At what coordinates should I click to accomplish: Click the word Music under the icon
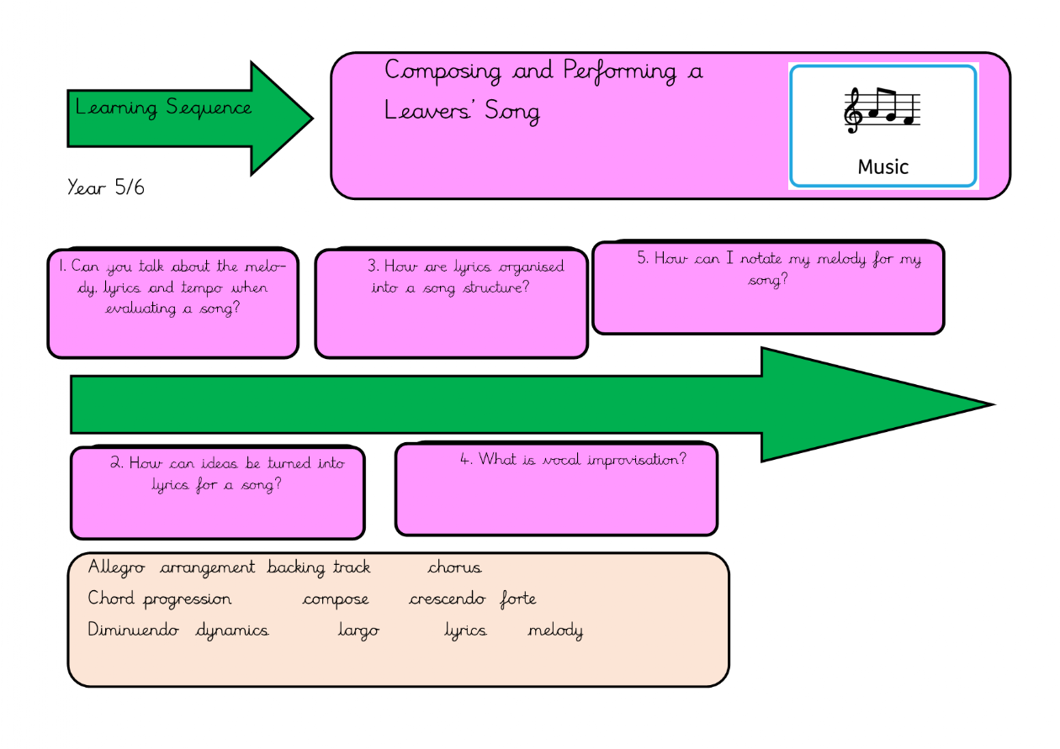tap(883, 166)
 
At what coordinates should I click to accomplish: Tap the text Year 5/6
tap(106, 187)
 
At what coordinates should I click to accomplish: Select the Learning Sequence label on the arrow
tap(163, 108)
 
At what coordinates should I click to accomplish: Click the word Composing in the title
tap(443, 71)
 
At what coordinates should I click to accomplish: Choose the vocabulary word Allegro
tap(117, 568)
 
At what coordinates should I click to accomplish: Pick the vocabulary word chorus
tap(455, 568)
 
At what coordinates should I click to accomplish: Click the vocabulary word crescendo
tap(447, 599)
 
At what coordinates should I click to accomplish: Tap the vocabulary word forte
tap(518, 599)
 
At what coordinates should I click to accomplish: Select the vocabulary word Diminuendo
tap(134, 630)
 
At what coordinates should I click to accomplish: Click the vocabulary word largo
tap(358, 630)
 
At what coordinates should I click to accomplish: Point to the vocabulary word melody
tap(555, 630)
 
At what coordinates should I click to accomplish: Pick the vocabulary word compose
tap(336, 599)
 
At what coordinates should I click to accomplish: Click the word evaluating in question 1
tap(140, 308)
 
